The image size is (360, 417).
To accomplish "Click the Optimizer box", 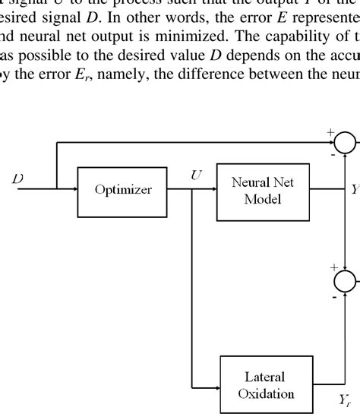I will coord(122,191).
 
